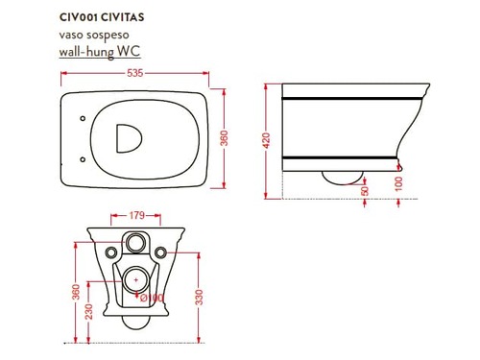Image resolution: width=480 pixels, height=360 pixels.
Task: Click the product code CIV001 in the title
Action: click(x=78, y=17)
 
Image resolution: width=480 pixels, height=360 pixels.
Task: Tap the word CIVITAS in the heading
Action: click(x=123, y=17)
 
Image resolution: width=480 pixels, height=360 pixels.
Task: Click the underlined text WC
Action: click(x=129, y=51)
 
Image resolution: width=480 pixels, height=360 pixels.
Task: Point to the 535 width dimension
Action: click(x=134, y=73)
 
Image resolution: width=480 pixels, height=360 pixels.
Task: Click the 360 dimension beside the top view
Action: click(x=225, y=138)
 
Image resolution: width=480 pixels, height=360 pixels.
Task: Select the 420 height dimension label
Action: click(x=266, y=140)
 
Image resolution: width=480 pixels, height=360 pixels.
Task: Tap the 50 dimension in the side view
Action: click(x=365, y=191)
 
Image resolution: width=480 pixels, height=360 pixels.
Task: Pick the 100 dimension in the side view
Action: click(x=398, y=183)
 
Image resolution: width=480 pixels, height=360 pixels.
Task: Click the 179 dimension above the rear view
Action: click(x=136, y=215)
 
